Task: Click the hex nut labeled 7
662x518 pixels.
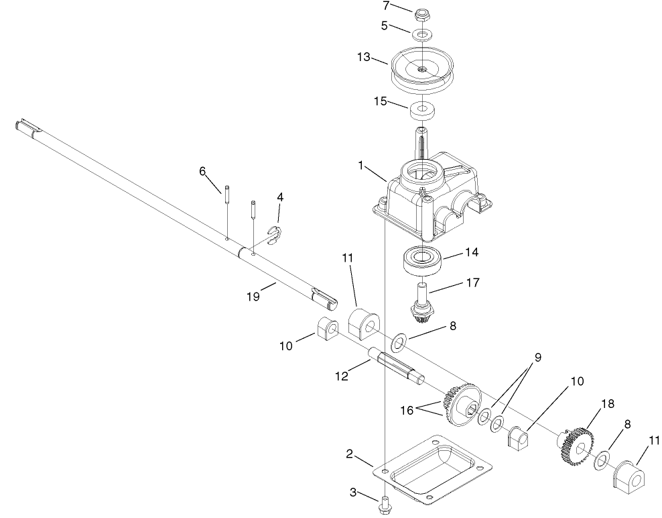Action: pyautogui.click(x=422, y=13)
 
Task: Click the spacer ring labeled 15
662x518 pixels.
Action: pyautogui.click(x=422, y=108)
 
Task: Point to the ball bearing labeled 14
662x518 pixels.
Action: pyautogui.click(x=421, y=260)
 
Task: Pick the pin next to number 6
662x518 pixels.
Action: pyautogui.click(x=227, y=191)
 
